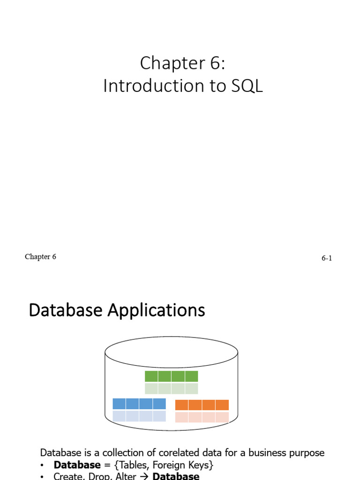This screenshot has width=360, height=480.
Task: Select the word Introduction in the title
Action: click(151, 86)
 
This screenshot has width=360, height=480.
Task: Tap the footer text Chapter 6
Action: click(40, 257)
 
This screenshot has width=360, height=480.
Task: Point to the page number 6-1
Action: click(327, 258)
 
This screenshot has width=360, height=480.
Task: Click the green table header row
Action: click(172, 376)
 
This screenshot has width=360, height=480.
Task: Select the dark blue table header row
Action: click(139, 404)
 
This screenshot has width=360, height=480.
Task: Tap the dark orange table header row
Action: click(202, 405)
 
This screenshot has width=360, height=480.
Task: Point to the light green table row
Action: click(172, 389)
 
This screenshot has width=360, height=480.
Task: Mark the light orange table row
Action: click(202, 417)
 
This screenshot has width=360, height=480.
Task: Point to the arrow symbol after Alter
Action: click(144, 476)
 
